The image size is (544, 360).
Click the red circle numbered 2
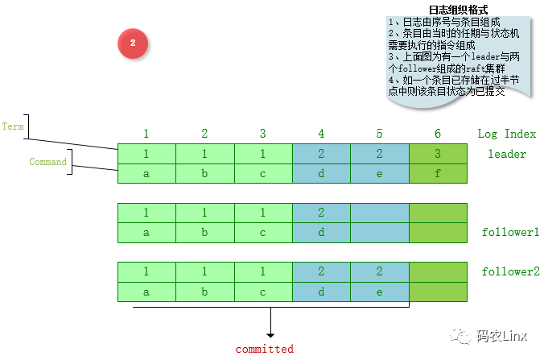click(133, 43)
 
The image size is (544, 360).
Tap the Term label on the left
click(14, 126)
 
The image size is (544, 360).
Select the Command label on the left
click(47, 162)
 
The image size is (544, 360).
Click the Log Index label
click(506, 134)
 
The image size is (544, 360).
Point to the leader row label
click(507, 154)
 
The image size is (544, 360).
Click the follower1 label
click(510, 232)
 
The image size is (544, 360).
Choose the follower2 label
click(510, 271)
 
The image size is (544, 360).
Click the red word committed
click(264, 349)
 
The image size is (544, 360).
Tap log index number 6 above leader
click(438, 134)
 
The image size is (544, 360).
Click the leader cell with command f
click(438, 173)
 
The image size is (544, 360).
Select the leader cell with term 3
click(438, 153)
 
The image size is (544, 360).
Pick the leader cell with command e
click(380, 173)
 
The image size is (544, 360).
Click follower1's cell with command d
click(321, 232)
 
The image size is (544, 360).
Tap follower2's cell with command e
click(380, 292)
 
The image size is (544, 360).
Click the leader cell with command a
click(146, 173)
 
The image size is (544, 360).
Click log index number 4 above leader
click(321, 134)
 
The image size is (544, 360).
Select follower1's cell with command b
click(204, 232)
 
